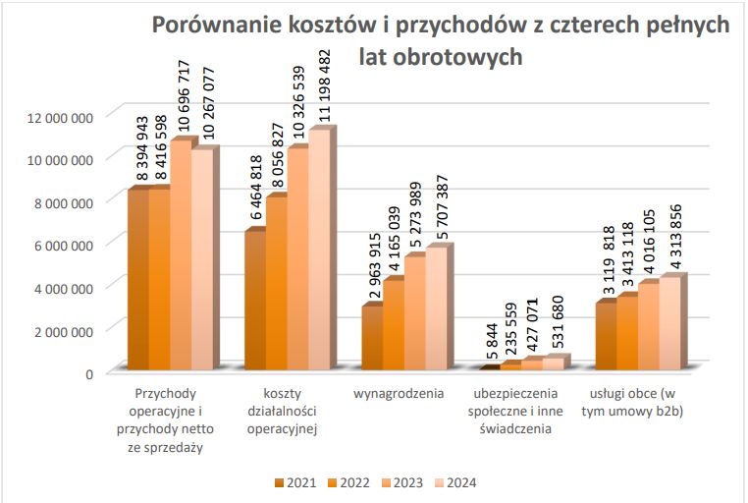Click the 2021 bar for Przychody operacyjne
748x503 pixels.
pos(138,280)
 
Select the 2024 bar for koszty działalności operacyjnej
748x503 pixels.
pos(319,251)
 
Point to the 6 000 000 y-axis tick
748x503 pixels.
pos(64,245)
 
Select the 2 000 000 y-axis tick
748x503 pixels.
pos(64,330)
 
